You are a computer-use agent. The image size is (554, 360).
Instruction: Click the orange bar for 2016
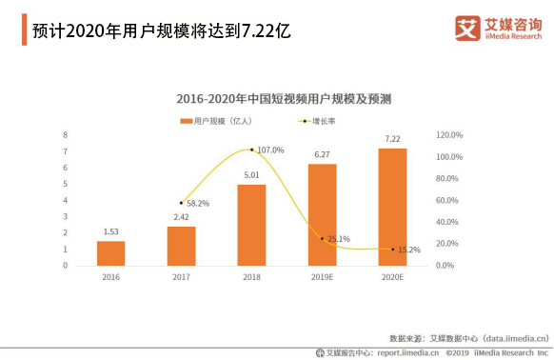[x=111, y=253]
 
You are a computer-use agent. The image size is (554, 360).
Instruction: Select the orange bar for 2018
[x=251, y=225]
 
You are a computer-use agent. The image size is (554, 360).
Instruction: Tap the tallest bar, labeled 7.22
[x=392, y=207]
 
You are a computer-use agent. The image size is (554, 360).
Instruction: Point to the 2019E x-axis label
[x=322, y=277]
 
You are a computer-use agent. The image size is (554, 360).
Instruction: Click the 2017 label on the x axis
[x=181, y=277]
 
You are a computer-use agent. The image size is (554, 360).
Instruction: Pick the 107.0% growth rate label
[x=270, y=150]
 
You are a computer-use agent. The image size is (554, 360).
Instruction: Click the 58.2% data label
[x=198, y=204]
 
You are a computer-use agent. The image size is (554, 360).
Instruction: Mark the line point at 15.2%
[x=392, y=250]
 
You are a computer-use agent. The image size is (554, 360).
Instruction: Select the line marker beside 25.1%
[x=322, y=239]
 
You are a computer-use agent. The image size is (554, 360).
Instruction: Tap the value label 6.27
[x=323, y=154]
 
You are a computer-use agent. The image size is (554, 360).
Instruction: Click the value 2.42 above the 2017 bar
[x=181, y=217]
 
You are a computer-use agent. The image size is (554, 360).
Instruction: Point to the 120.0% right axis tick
[x=449, y=134]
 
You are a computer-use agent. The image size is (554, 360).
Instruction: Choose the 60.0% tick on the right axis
[x=447, y=200]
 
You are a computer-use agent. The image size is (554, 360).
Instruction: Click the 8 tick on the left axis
[x=66, y=134]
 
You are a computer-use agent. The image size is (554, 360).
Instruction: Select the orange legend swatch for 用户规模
[x=187, y=121]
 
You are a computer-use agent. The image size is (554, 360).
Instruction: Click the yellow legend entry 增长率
[x=317, y=121]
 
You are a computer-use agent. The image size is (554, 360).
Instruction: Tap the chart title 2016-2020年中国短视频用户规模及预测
[x=284, y=99]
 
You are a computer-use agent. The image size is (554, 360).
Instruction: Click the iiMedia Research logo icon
[x=467, y=28]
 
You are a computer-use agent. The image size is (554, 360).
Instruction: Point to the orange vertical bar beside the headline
[x=25, y=30]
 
